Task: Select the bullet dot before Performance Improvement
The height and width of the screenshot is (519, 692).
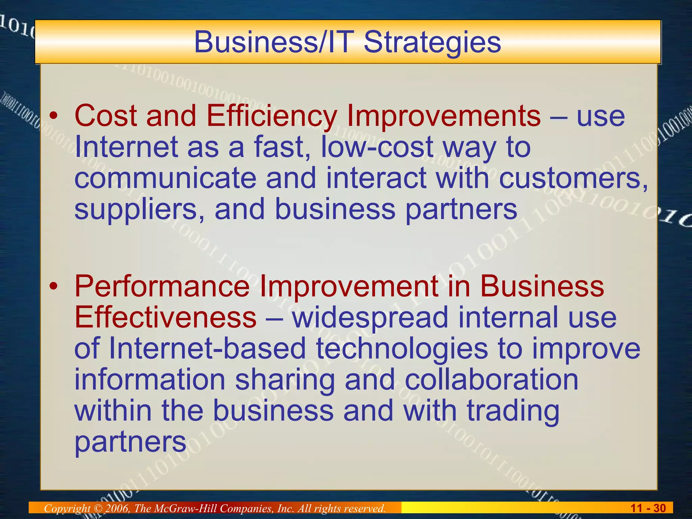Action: point(53,287)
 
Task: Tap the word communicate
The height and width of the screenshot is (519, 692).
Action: point(165,178)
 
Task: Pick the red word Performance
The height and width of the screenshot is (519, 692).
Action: point(162,287)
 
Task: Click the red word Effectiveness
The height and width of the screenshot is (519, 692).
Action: point(165,318)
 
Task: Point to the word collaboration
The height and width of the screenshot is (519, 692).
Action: point(491,380)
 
